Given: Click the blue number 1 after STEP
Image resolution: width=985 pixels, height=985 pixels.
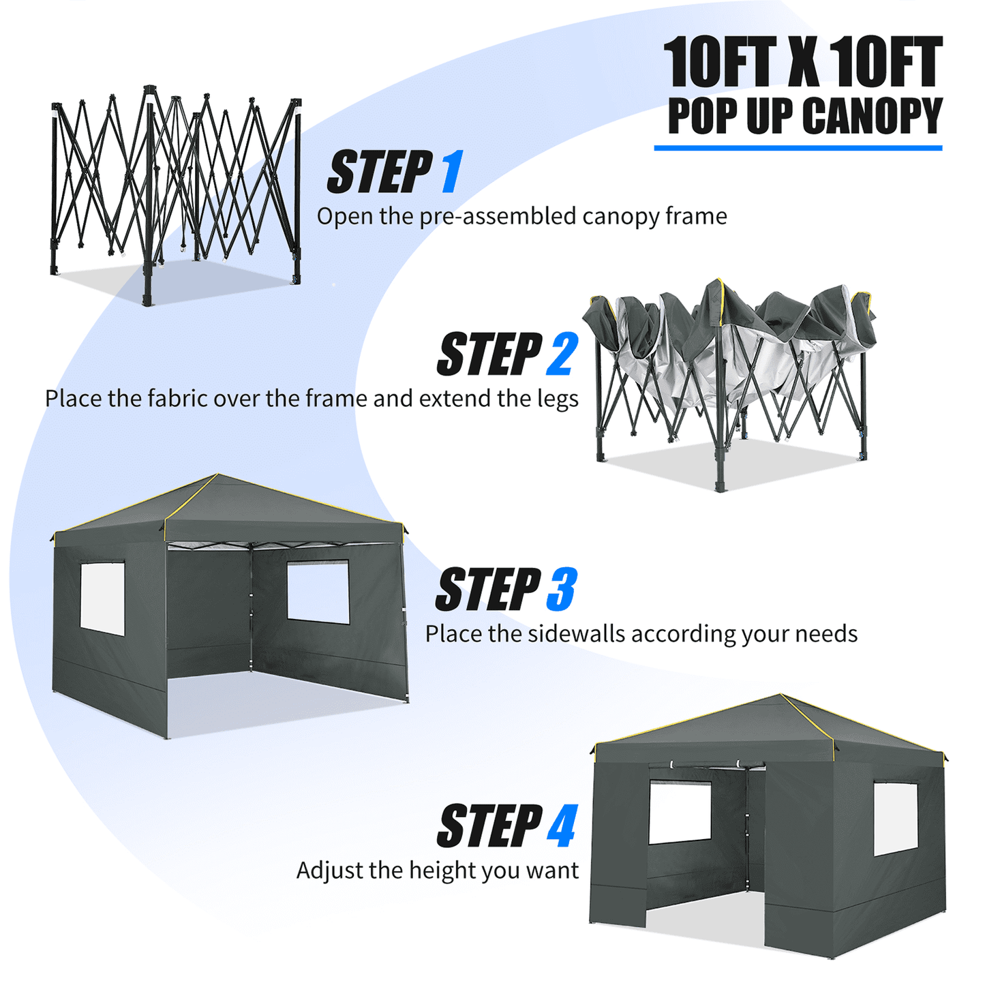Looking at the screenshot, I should [x=451, y=172].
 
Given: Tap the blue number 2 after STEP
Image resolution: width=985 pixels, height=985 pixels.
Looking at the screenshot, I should [x=562, y=354].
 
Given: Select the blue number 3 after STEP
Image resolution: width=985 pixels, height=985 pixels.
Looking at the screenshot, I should [x=562, y=590].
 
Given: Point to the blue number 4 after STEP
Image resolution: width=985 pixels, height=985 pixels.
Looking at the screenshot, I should [x=562, y=825].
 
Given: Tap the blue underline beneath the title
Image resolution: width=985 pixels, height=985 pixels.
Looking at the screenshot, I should [x=798, y=147].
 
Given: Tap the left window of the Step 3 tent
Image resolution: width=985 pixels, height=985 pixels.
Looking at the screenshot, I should [x=102, y=598].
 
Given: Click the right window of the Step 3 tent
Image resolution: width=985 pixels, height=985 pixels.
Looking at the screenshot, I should [x=318, y=592].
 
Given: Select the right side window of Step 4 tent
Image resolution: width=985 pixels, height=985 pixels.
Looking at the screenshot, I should [x=896, y=818].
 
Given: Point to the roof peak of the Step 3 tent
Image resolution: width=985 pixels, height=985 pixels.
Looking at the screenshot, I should [x=217, y=475].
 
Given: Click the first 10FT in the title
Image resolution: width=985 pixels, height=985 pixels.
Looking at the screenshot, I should [x=720, y=63].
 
